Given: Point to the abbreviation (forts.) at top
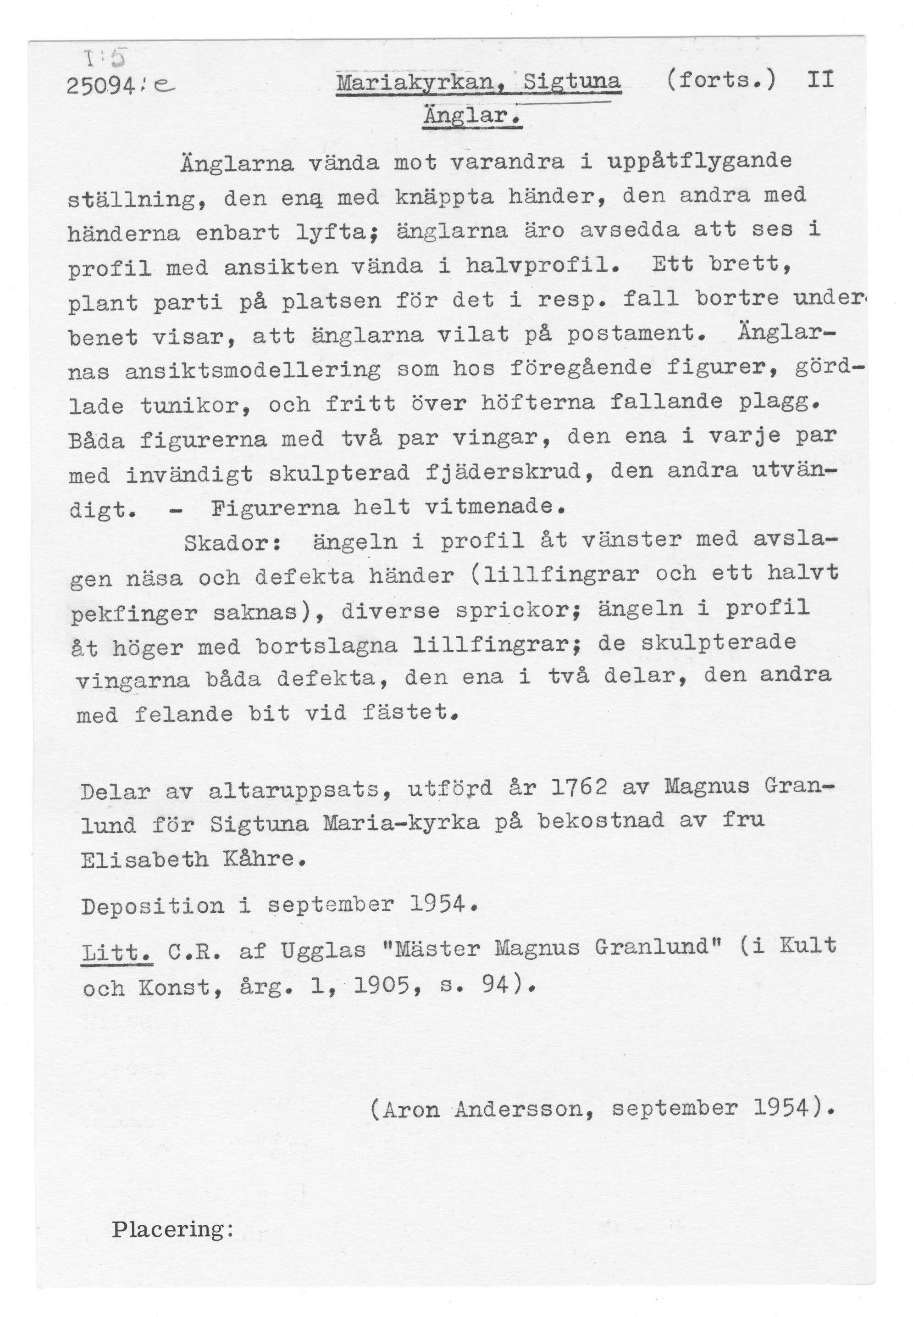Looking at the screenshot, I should coord(720,81).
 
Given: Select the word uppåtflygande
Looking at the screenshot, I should coord(699,162).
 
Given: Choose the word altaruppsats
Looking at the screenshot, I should coord(293,792).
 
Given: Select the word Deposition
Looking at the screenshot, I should coord(152,906).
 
